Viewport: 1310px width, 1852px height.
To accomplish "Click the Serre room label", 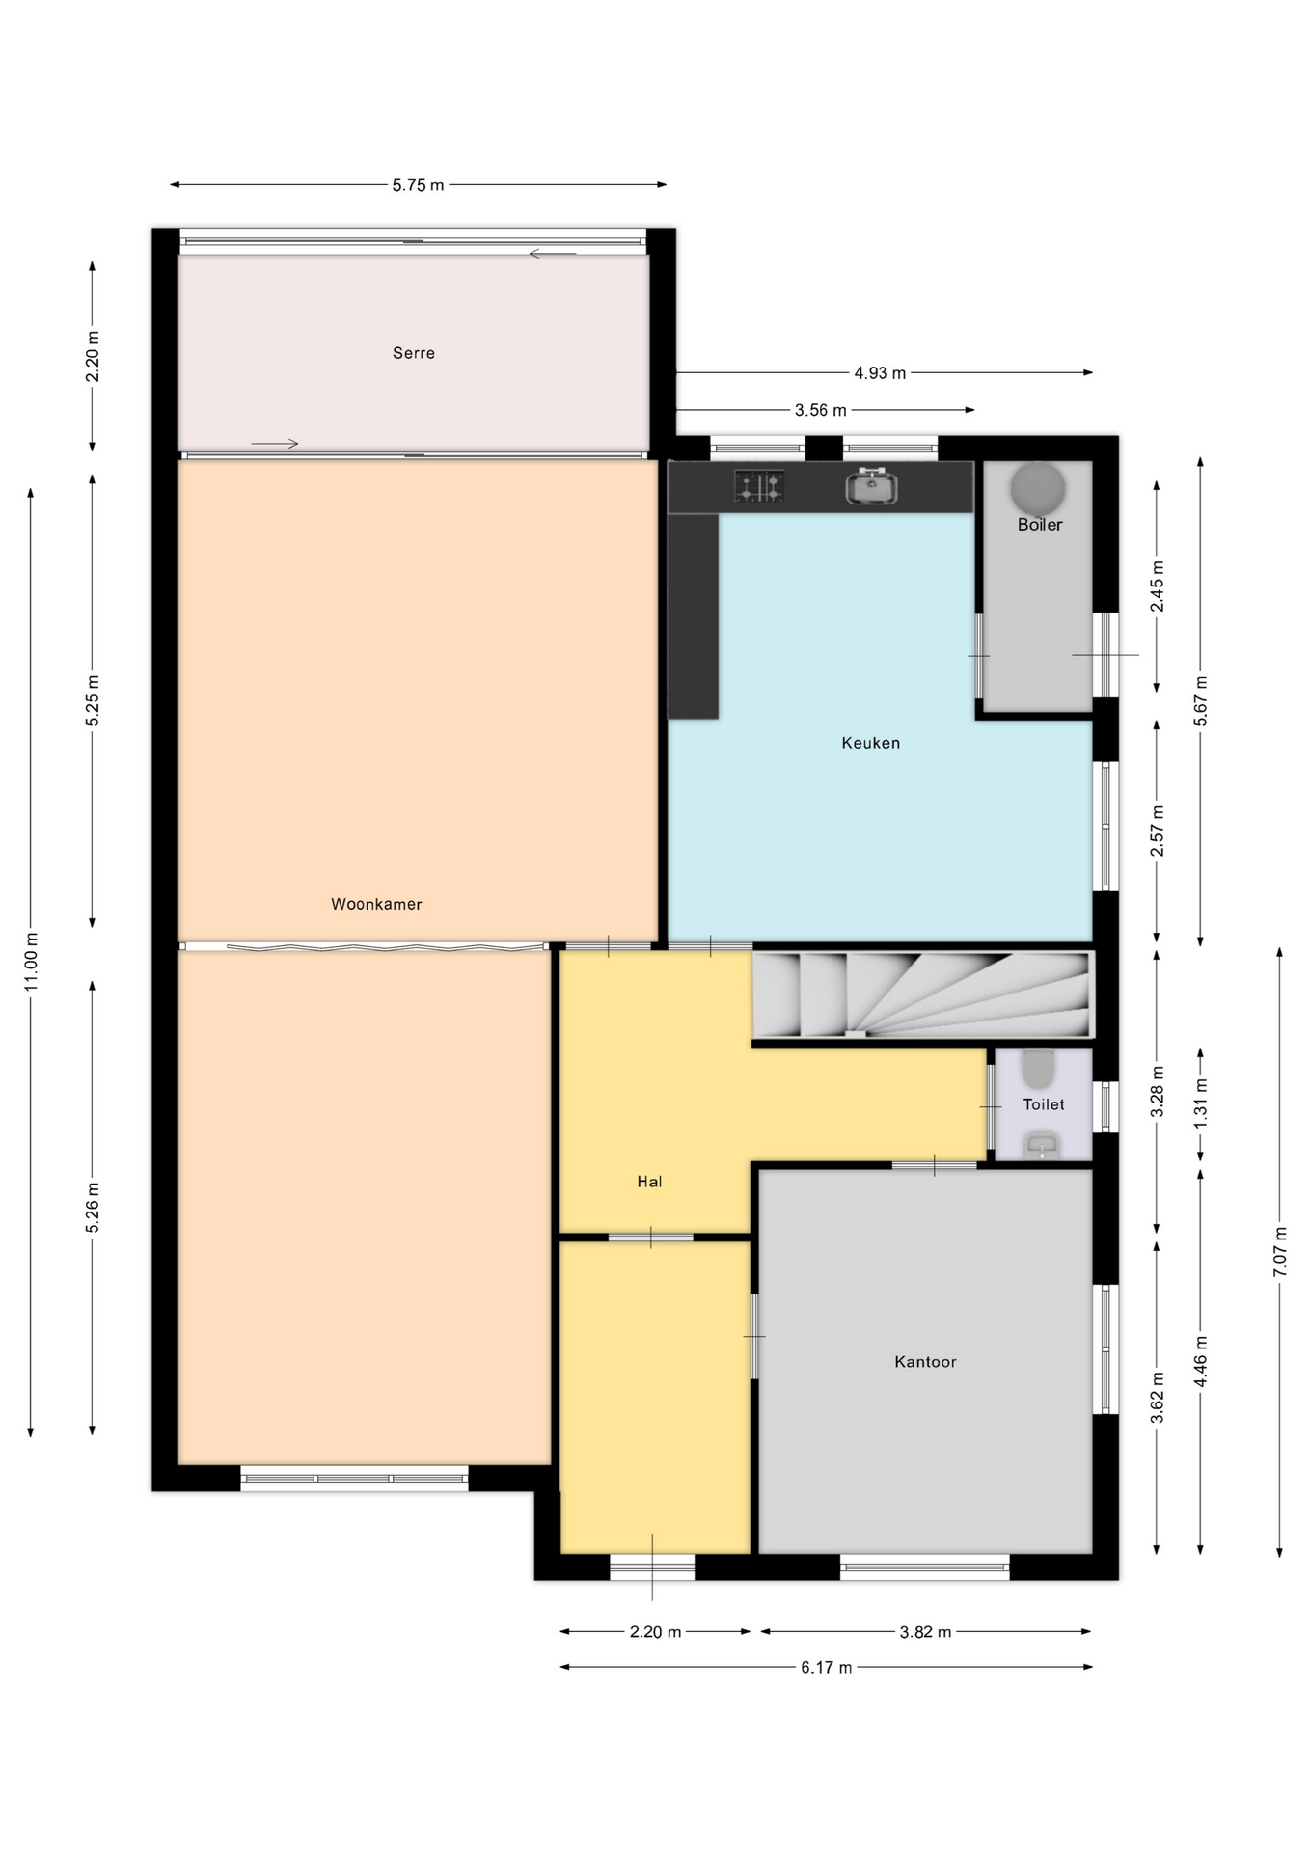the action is (413, 353).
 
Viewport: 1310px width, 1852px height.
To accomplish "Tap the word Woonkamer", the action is (376, 904).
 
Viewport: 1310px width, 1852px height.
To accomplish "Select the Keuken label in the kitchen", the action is (870, 743).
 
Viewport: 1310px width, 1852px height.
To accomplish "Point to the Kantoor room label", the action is (925, 1362).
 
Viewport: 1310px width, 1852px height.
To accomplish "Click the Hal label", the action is (649, 1182).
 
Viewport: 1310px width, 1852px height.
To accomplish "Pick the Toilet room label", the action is (1044, 1104).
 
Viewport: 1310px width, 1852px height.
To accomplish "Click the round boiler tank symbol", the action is (1038, 488).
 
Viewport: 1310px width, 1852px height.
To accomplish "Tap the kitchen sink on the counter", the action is (871, 486).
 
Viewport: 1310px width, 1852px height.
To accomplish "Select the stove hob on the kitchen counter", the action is (759, 486).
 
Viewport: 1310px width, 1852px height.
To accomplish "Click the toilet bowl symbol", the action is (1038, 1068).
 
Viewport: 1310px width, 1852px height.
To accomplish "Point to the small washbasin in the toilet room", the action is (1042, 1146).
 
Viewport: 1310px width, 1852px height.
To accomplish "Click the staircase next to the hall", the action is (923, 994).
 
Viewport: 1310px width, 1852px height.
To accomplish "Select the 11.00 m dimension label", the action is (31, 962).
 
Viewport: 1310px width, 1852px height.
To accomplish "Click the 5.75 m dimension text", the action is (418, 185).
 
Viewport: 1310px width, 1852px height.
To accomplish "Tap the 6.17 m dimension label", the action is (826, 1668).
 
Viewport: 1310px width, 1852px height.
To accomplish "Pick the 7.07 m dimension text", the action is (1280, 1252).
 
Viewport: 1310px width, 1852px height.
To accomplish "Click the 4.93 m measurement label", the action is (880, 373).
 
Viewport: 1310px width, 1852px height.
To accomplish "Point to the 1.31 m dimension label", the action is (1201, 1104).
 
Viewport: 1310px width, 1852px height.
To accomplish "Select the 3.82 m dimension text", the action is (925, 1632).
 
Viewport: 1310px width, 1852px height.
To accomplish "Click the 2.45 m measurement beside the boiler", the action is (1158, 586).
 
